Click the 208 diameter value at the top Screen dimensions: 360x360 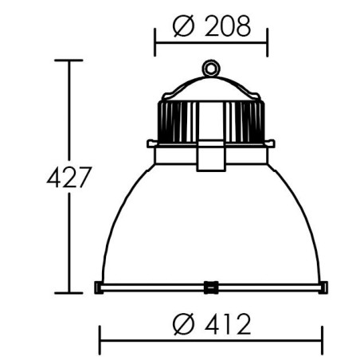(x=228, y=25)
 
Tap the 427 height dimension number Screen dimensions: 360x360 (x=69, y=177)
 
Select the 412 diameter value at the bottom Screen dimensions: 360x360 (x=228, y=324)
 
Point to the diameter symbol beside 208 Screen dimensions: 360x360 (x=183, y=25)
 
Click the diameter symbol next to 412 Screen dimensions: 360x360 (x=183, y=324)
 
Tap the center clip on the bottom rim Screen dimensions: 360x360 (x=211, y=288)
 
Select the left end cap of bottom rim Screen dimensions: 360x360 (x=99, y=288)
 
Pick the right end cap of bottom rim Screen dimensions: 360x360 (x=323, y=288)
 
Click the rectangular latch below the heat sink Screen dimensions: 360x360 (x=211, y=155)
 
